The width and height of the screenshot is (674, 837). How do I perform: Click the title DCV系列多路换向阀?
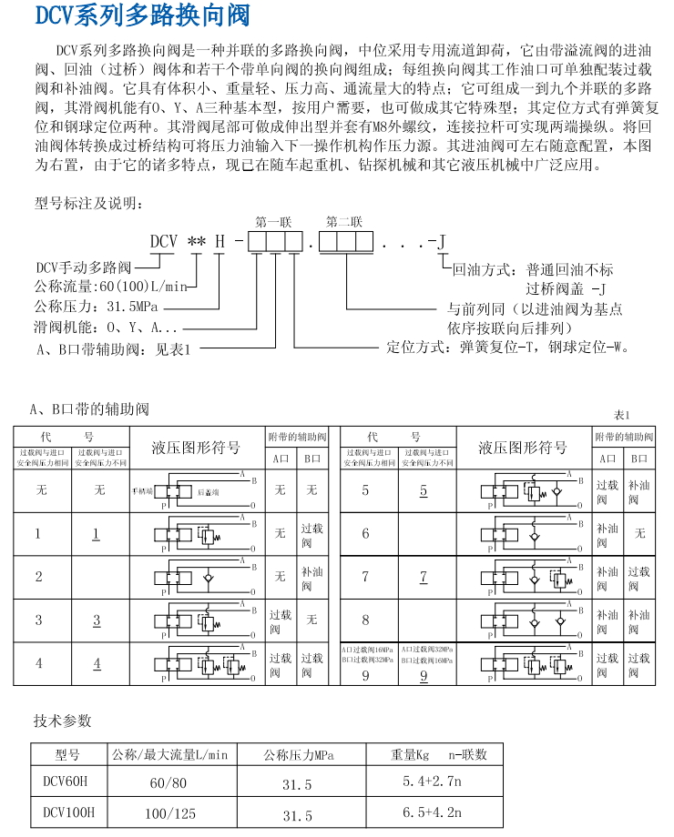(x=141, y=16)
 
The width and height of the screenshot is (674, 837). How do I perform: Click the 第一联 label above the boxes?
(x=272, y=221)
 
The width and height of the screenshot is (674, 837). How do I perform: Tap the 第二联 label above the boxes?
(x=344, y=221)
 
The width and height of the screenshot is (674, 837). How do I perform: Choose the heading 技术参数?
(x=63, y=721)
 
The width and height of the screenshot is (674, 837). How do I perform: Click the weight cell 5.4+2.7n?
(x=433, y=782)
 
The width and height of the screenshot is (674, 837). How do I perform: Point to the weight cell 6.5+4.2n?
(x=433, y=812)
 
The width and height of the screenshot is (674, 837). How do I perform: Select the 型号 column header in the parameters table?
(x=67, y=754)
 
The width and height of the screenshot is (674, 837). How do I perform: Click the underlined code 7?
(x=423, y=576)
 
